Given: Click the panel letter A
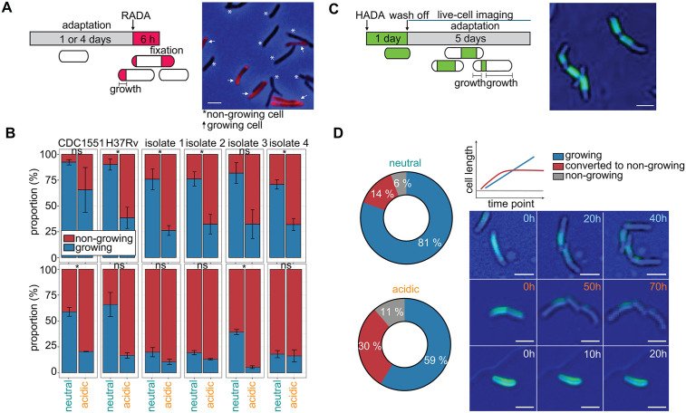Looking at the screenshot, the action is tap(8, 9).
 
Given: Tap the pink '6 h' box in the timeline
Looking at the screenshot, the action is tap(146, 38).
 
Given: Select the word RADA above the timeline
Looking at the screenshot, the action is tap(136, 16).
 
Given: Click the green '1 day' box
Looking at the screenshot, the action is tap(387, 38).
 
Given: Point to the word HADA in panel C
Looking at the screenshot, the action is tap(370, 15).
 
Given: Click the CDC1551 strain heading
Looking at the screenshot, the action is tap(82, 143).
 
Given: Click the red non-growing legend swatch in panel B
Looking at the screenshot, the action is tap(68, 238).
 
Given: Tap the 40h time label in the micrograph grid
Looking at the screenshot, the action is tap(658, 217).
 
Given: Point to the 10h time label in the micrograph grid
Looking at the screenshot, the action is tap(592, 354).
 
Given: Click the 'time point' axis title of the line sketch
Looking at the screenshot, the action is tap(511, 204).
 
